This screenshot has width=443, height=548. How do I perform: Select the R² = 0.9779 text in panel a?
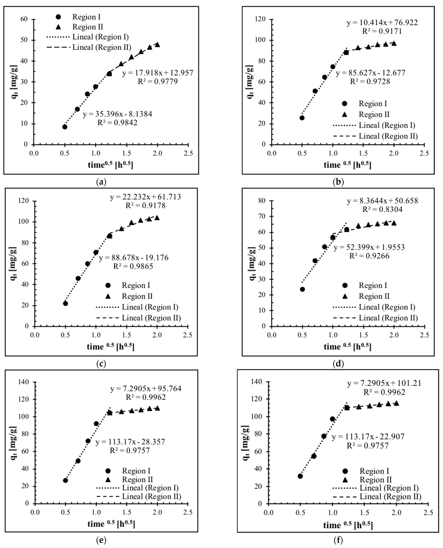click(158, 81)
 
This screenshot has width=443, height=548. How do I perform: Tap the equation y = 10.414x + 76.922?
click(382, 23)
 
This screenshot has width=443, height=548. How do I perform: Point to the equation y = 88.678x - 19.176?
click(134, 258)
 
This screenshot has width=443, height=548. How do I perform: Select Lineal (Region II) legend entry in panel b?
click(388, 136)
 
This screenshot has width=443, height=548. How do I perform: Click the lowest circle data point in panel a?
click(65, 127)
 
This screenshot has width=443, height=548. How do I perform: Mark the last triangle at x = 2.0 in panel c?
click(157, 218)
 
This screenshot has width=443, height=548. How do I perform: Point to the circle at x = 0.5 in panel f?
click(300, 476)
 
